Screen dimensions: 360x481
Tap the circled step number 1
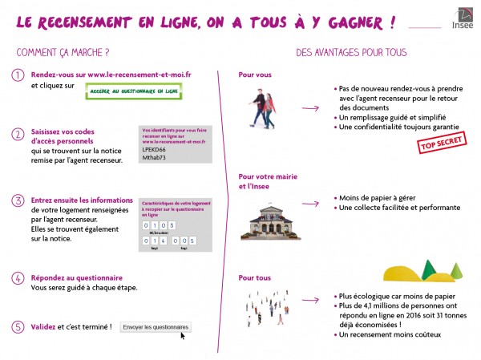pos(18,75)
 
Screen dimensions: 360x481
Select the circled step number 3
pos(18,200)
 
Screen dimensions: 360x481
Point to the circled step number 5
pos(18,326)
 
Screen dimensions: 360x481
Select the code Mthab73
pos(153,158)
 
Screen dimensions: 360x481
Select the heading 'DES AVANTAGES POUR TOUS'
pos(351,53)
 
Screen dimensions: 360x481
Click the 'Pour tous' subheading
pos(255,278)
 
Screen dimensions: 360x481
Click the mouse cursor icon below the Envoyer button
pos(183,336)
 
